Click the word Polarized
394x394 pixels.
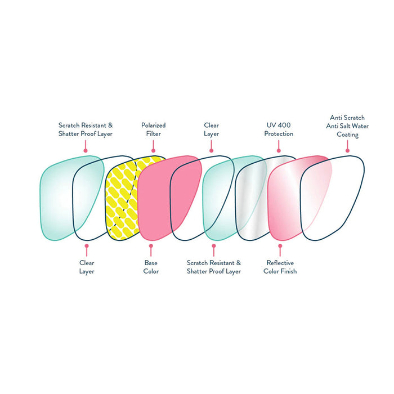[153, 126]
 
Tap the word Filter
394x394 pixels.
[153, 134]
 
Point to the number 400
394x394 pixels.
[285, 126]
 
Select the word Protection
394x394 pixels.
[279, 134]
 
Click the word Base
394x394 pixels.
[151, 263]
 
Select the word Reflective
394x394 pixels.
[280, 263]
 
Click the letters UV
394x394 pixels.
[271, 126]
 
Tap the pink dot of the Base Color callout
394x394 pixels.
[151, 245]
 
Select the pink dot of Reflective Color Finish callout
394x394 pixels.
[279, 245]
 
